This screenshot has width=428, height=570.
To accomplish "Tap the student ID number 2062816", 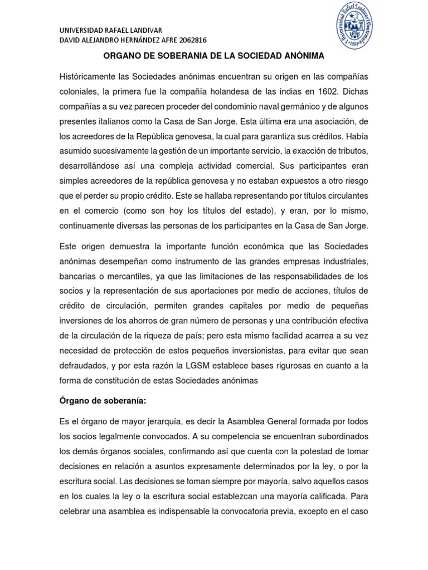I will click(x=187, y=40).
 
